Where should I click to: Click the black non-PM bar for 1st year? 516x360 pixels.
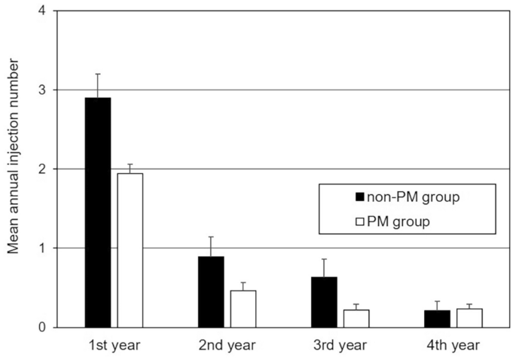tap(98, 212)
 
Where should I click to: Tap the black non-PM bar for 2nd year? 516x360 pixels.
tap(211, 291)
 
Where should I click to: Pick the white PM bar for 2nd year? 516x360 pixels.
tap(243, 309)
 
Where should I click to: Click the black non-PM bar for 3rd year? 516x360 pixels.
tap(324, 302)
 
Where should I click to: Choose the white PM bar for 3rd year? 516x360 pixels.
tap(356, 318)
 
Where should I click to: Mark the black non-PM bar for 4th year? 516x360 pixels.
tap(437, 319)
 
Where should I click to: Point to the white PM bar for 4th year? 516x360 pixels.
tap(469, 318)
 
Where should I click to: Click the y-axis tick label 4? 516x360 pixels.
tap(41, 11)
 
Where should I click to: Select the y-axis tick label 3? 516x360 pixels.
tap(41, 90)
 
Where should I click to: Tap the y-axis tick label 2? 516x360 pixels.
tap(41, 169)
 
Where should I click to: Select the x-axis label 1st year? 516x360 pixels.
tap(114, 347)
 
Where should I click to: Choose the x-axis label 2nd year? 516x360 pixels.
tap(227, 347)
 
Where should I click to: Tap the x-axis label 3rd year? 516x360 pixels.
tap(340, 347)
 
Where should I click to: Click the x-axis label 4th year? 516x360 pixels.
tap(453, 347)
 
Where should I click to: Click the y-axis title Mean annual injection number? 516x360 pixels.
tap(13, 169)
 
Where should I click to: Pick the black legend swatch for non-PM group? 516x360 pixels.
tap(361, 197)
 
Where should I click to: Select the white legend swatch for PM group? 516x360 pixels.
tap(361, 223)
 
